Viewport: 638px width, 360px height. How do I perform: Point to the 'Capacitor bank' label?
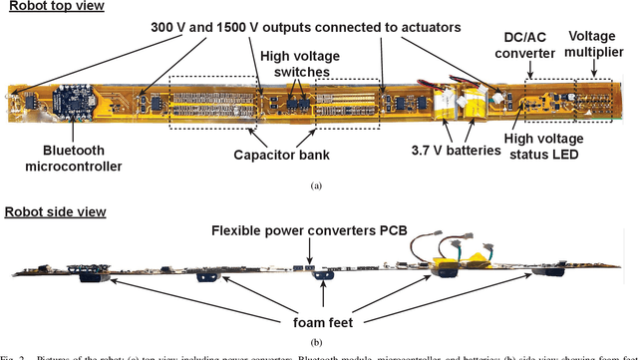pyautogui.click(x=282, y=155)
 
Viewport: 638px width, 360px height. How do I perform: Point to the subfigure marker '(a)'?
pyautogui.click(x=317, y=185)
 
